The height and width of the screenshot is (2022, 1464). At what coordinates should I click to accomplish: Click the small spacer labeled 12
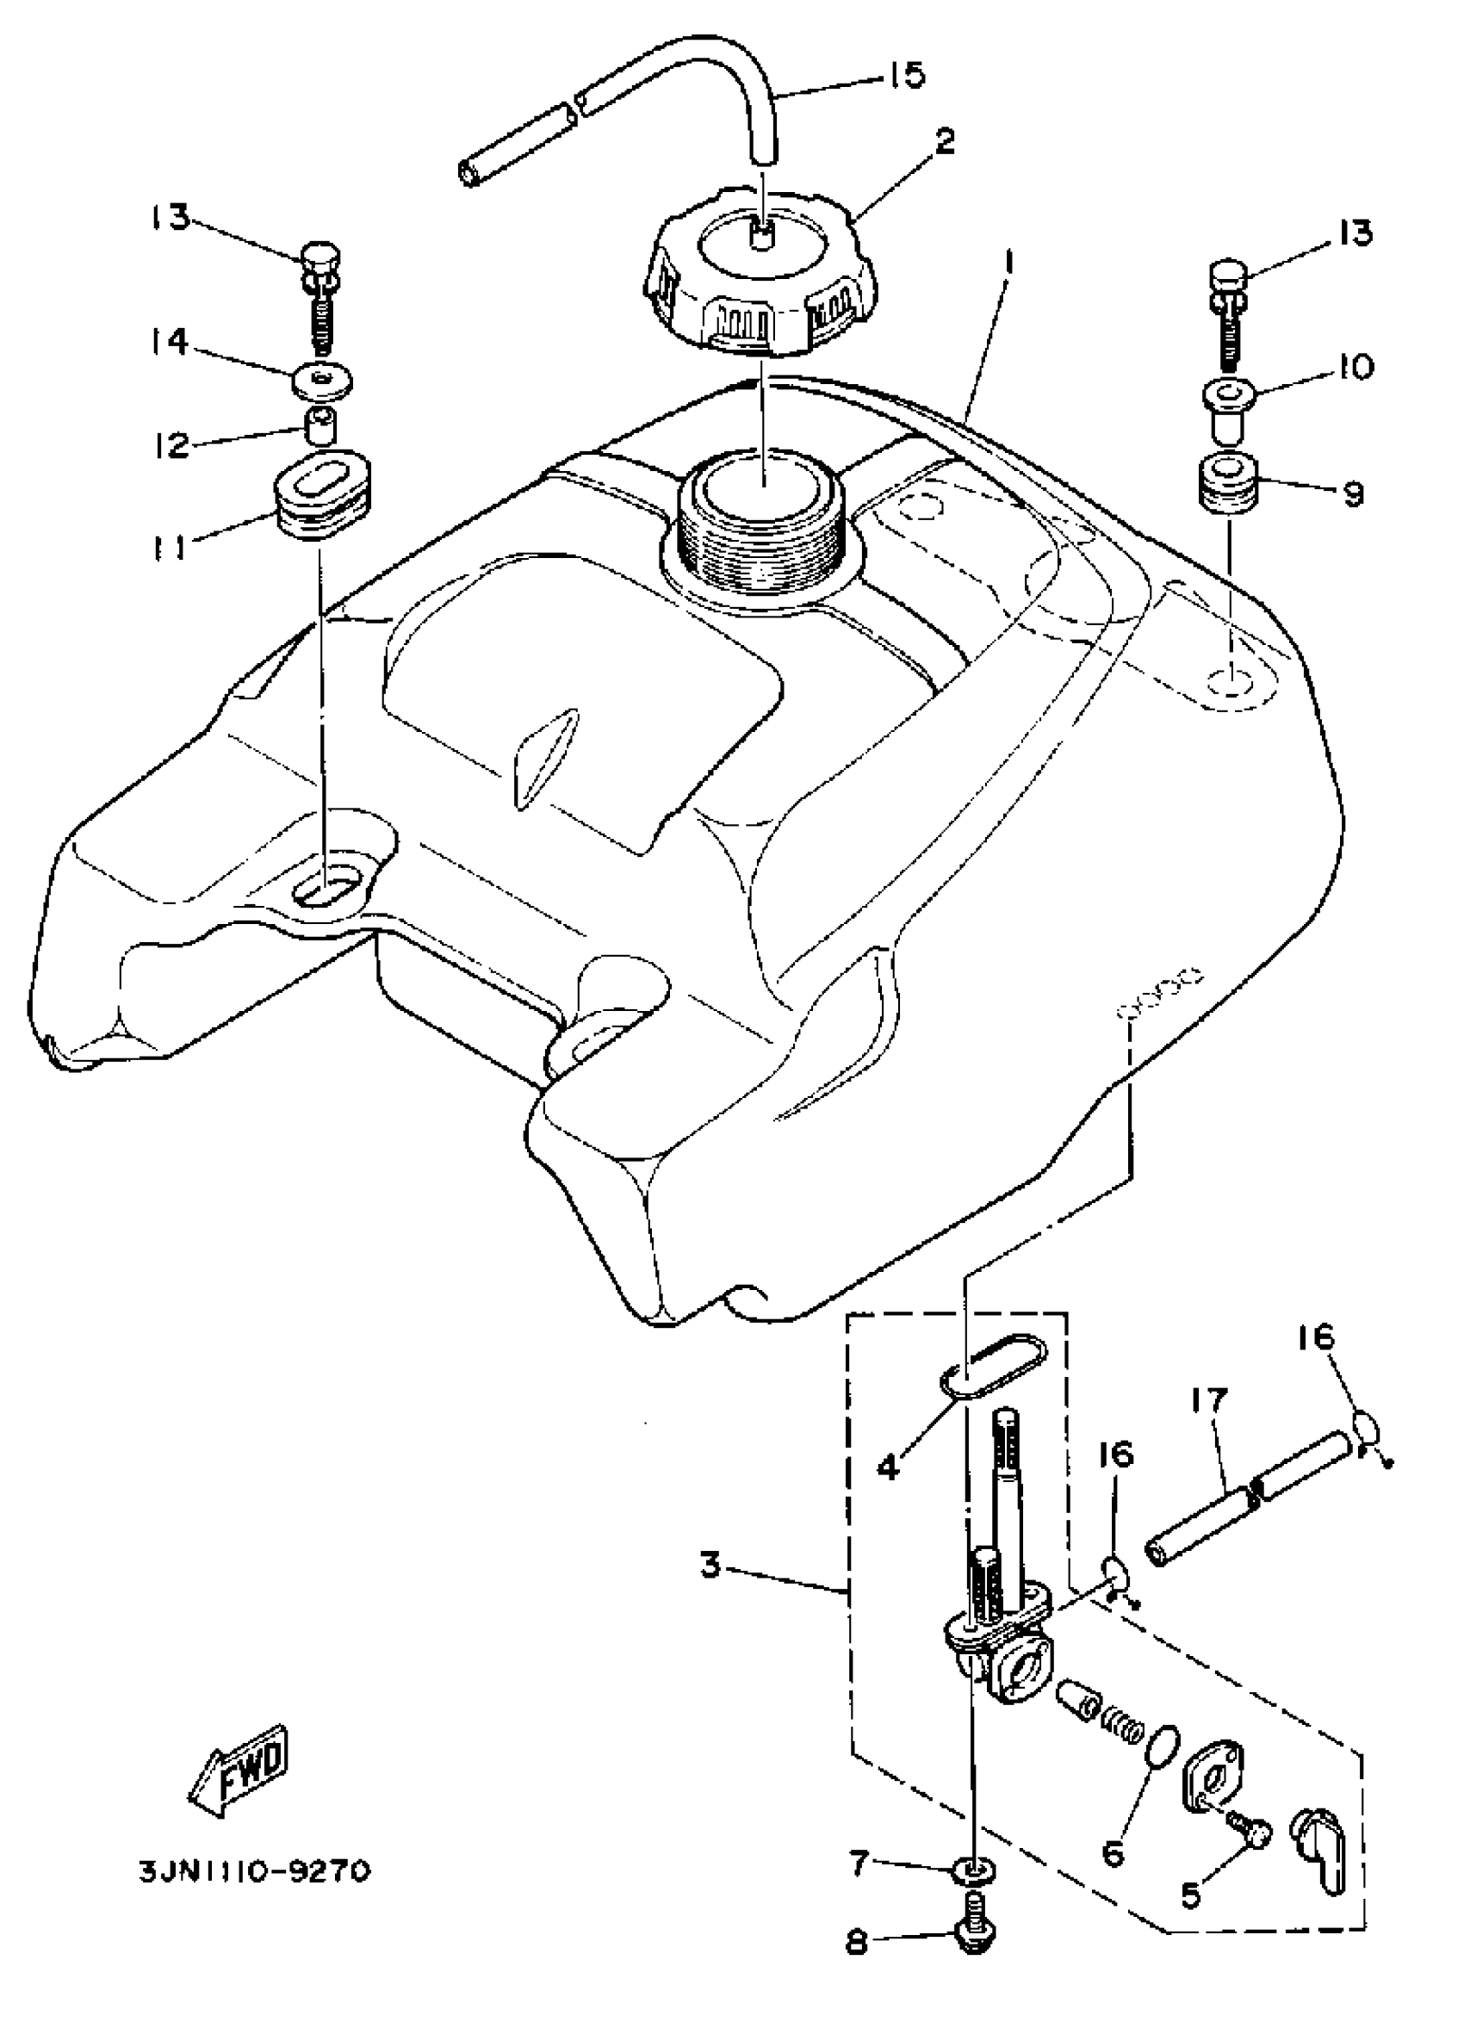point(321,429)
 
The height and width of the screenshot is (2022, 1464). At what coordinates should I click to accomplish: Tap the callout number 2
point(945,141)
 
